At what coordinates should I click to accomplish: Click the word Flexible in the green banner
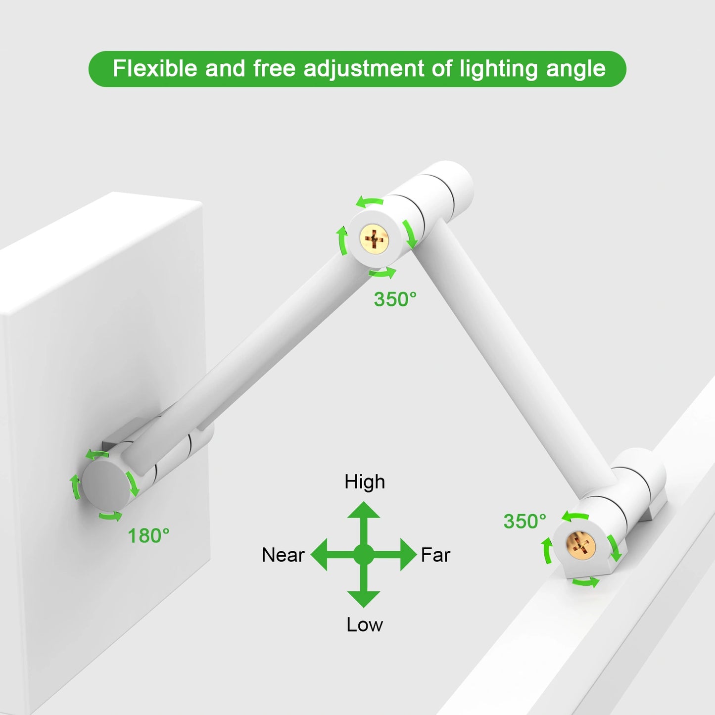155,68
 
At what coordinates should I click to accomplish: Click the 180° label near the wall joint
148,536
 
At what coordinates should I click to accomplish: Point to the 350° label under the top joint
395,299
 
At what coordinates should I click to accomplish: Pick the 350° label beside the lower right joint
524,522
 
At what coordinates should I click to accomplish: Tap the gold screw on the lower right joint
580,544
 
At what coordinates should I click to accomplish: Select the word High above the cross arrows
365,482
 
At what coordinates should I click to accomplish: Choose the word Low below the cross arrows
364,625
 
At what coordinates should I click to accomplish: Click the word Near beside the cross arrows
283,555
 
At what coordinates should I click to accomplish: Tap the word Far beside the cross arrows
435,555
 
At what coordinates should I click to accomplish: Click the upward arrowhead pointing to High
364,511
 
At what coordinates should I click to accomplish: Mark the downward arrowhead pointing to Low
364,598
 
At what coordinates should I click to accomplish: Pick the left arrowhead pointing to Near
320,554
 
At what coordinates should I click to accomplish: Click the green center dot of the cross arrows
364,554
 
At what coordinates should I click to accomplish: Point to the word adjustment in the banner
364,69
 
